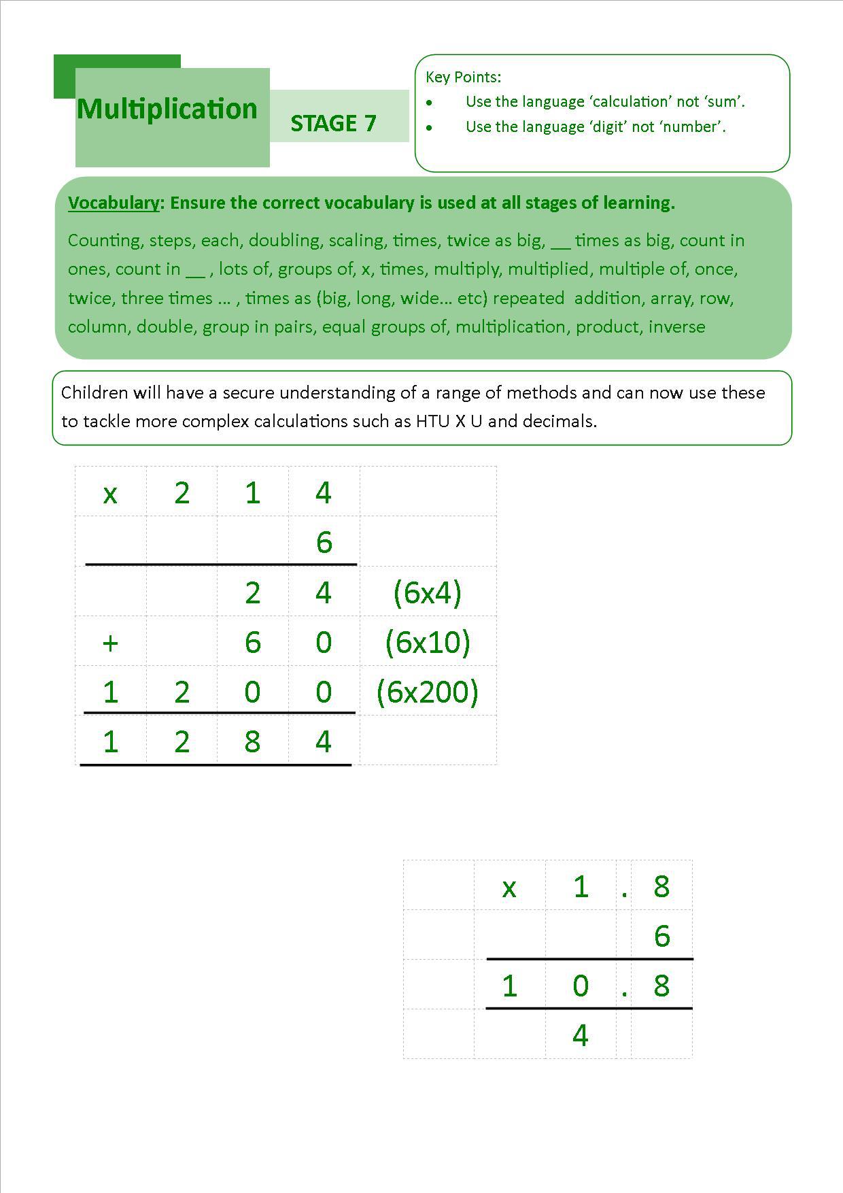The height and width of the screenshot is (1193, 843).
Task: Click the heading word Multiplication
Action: pyautogui.click(x=167, y=109)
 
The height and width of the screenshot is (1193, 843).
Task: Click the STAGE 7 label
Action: pyautogui.click(x=333, y=123)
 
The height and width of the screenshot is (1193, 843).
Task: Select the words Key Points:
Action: pyautogui.click(x=463, y=77)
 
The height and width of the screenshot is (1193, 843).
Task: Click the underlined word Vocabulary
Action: pyautogui.click(x=114, y=203)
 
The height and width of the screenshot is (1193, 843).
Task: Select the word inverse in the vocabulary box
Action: pyautogui.click(x=676, y=327)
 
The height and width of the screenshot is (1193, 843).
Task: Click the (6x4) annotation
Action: pyautogui.click(x=427, y=592)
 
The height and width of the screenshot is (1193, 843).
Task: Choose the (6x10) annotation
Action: pyautogui.click(x=427, y=642)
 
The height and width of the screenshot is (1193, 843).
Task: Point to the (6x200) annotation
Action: pyautogui.click(x=427, y=692)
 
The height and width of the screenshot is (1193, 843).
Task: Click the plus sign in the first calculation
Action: pyautogui.click(x=110, y=643)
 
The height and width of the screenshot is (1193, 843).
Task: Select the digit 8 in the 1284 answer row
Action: pyautogui.click(x=252, y=741)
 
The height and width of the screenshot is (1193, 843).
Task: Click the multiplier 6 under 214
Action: pyautogui.click(x=324, y=543)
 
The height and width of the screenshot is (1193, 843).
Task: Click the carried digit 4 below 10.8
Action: pyautogui.click(x=580, y=1035)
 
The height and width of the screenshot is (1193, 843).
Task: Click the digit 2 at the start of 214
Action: pyautogui.click(x=182, y=493)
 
